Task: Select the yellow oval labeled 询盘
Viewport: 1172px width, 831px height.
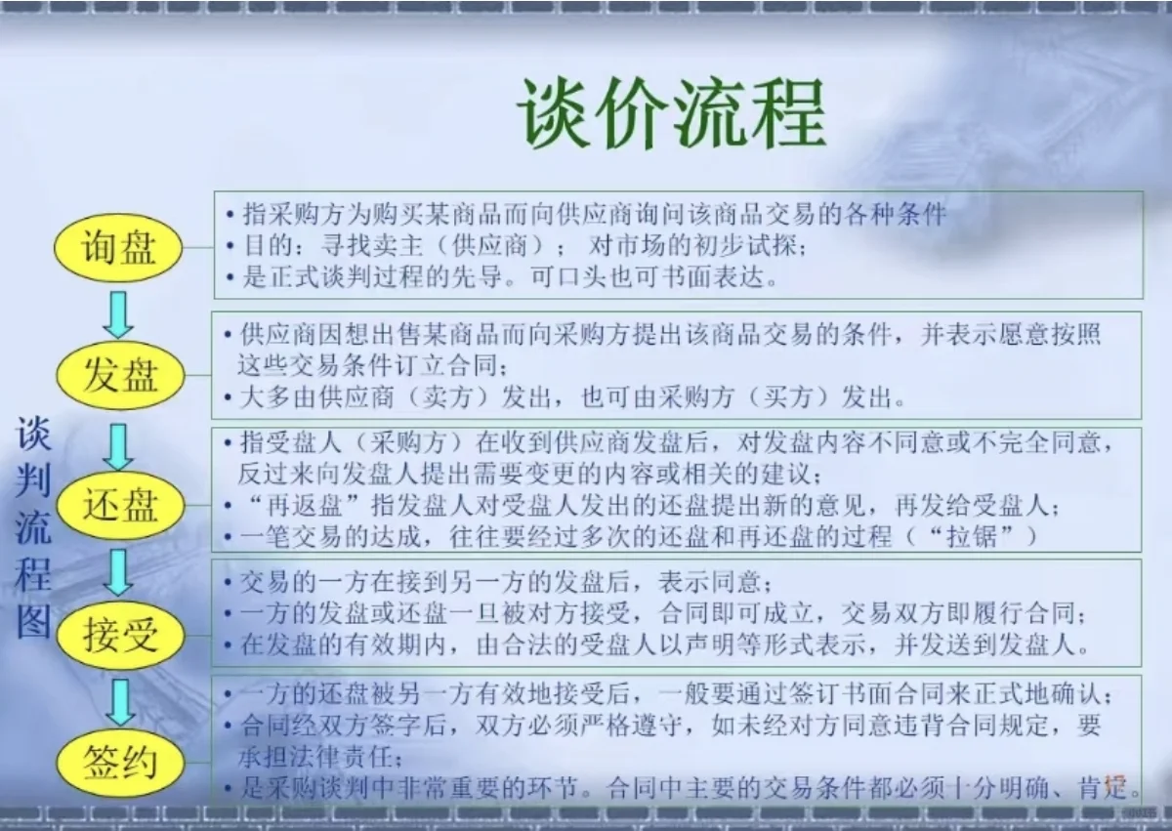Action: coord(119,248)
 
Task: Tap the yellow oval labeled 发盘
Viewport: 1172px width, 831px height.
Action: coord(119,375)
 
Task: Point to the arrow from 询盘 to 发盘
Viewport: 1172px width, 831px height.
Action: coord(119,313)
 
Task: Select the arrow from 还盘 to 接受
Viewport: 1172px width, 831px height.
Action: coord(119,572)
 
